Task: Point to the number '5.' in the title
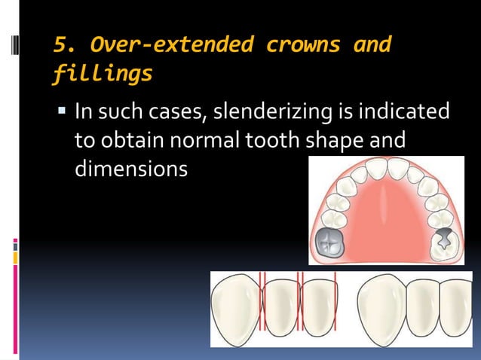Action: [63, 45]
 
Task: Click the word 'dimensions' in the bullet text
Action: [130, 169]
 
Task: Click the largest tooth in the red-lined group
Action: [235, 309]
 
